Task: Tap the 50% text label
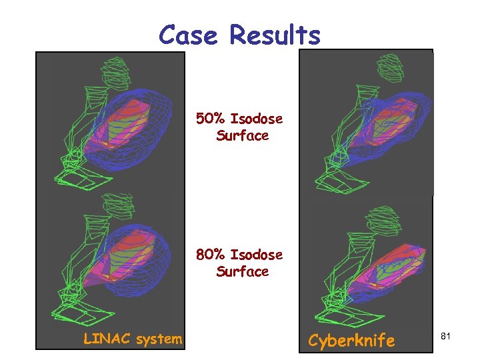point(211,119)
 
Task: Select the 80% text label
point(211,255)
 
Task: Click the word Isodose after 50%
point(256,119)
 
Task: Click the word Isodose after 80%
point(256,255)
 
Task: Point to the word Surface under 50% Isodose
point(242,136)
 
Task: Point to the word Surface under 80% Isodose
point(242,271)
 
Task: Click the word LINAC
point(107,339)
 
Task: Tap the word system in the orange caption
point(158,339)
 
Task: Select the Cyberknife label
point(351,341)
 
